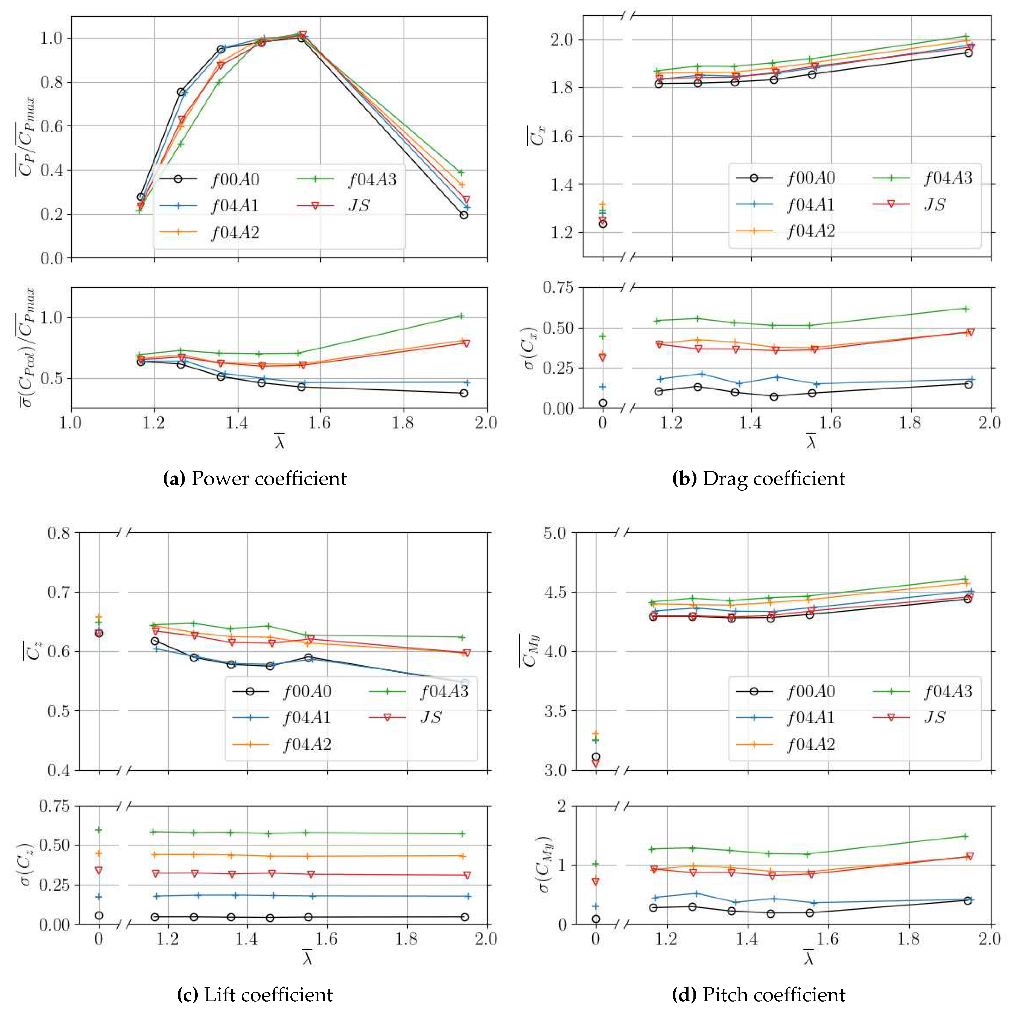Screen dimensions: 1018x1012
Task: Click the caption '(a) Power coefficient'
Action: (255, 479)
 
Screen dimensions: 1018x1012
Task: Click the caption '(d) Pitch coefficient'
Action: (759, 994)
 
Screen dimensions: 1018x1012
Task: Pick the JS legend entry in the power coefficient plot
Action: (358, 206)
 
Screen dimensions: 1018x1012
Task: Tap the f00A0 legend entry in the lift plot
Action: (307, 691)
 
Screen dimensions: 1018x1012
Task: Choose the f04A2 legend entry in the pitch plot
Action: (810, 745)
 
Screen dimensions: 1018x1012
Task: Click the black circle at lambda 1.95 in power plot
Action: (463, 215)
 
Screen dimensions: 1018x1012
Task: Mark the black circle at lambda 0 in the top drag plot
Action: (603, 224)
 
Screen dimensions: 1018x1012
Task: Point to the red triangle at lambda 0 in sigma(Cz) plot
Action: (98, 870)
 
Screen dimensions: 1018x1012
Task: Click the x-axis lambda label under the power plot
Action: (279, 443)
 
